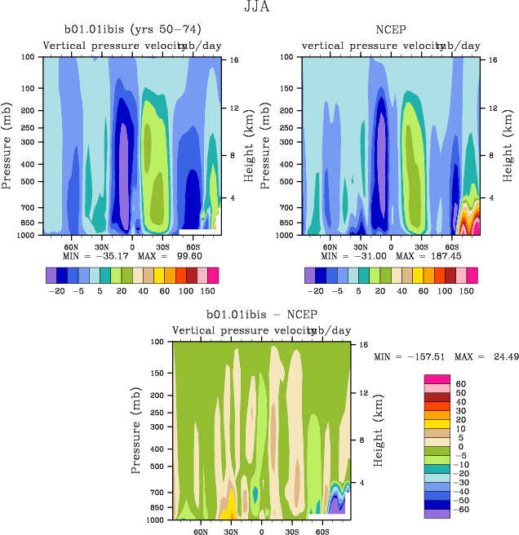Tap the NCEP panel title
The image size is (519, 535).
tap(391, 31)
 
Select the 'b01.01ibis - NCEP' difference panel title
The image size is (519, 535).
tap(261, 315)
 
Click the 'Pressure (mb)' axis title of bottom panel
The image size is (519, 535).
tap(136, 430)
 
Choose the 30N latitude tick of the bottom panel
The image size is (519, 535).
tap(231, 531)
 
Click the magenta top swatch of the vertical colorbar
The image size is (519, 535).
tap(437, 379)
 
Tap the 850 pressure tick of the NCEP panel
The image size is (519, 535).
tap(289, 223)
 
